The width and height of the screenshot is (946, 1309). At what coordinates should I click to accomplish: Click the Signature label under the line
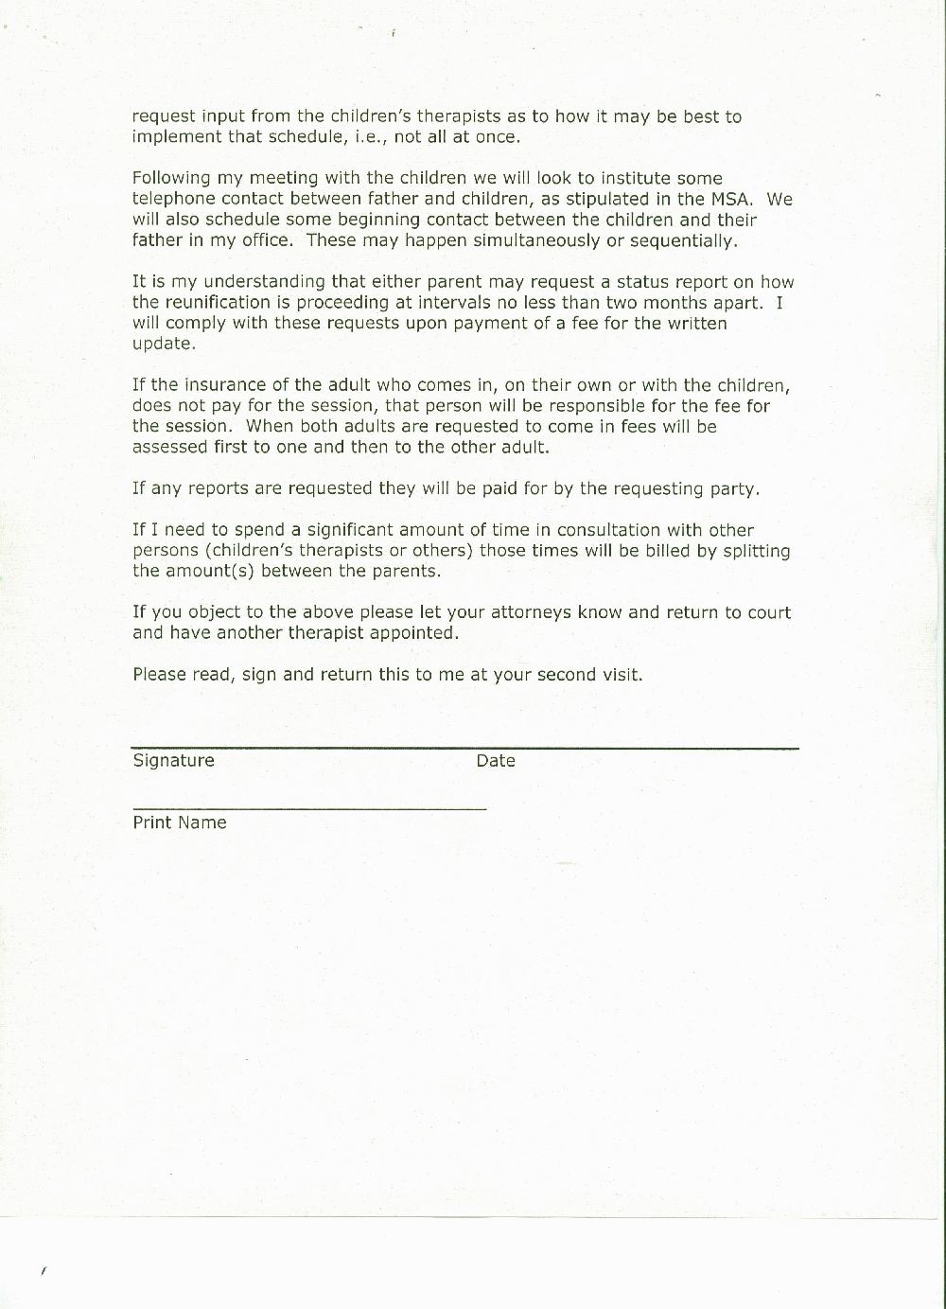pyautogui.click(x=173, y=761)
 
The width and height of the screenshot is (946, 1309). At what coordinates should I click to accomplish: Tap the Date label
pyautogui.click(x=496, y=761)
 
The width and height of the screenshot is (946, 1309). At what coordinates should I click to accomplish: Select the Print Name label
pyautogui.click(x=180, y=823)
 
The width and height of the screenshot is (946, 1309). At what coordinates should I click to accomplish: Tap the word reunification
pyautogui.click(x=217, y=303)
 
